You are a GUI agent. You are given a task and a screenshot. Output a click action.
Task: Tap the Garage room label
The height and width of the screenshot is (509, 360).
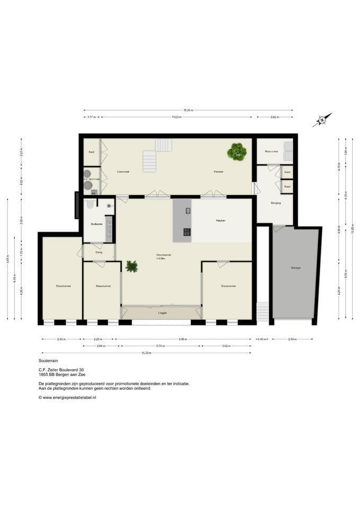pos(295,268)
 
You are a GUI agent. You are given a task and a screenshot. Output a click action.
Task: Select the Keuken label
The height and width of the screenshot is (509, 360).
pos(221,220)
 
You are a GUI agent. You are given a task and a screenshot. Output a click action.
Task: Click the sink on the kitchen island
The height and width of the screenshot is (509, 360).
pos(188,211)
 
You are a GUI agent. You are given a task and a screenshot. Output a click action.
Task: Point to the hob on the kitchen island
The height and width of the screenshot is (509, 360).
pos(187,232)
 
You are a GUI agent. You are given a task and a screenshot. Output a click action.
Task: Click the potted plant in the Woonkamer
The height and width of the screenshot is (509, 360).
pos(131,266)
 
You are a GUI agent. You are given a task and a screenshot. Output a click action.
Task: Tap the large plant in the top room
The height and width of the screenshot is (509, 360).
pos(236,152)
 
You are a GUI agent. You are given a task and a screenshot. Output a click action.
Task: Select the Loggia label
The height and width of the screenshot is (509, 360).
pos(163,313)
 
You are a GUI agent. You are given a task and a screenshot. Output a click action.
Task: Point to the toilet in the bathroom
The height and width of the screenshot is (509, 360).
pos(89,204)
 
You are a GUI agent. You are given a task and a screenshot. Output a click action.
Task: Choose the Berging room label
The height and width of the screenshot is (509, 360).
pos(275,203)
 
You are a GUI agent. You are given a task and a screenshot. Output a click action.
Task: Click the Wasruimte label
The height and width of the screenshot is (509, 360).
pos(271,152)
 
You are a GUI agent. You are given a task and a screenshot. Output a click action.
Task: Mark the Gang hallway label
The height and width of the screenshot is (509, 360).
pos(99,252)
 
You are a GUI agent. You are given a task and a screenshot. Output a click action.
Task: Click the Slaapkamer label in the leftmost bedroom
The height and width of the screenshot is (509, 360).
pos(63,286)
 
